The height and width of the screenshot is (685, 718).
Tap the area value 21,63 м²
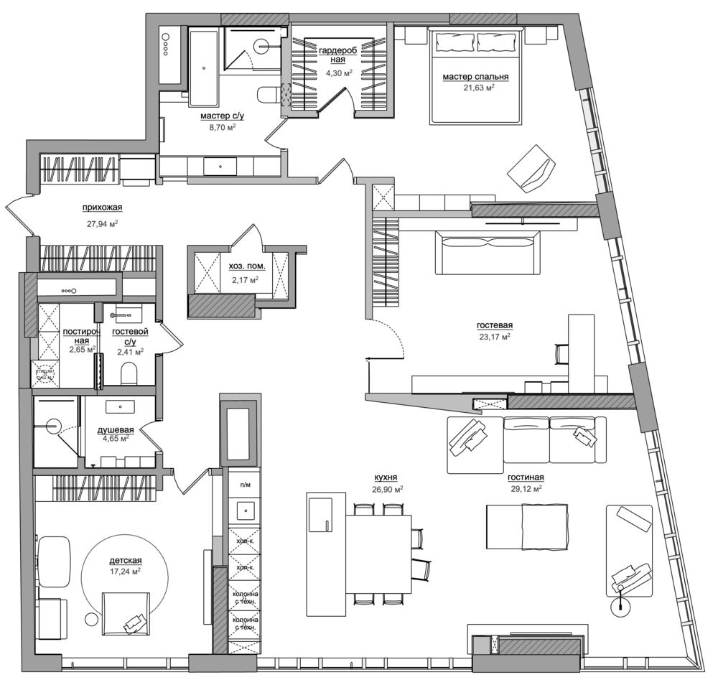click(478, 88)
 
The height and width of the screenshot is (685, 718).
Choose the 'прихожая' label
click(103, 208)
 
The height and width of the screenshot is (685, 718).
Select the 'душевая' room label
click(116, 429)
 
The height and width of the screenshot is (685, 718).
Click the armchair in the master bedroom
click(531, 169)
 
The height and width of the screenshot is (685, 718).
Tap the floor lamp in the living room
click(618, 607)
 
